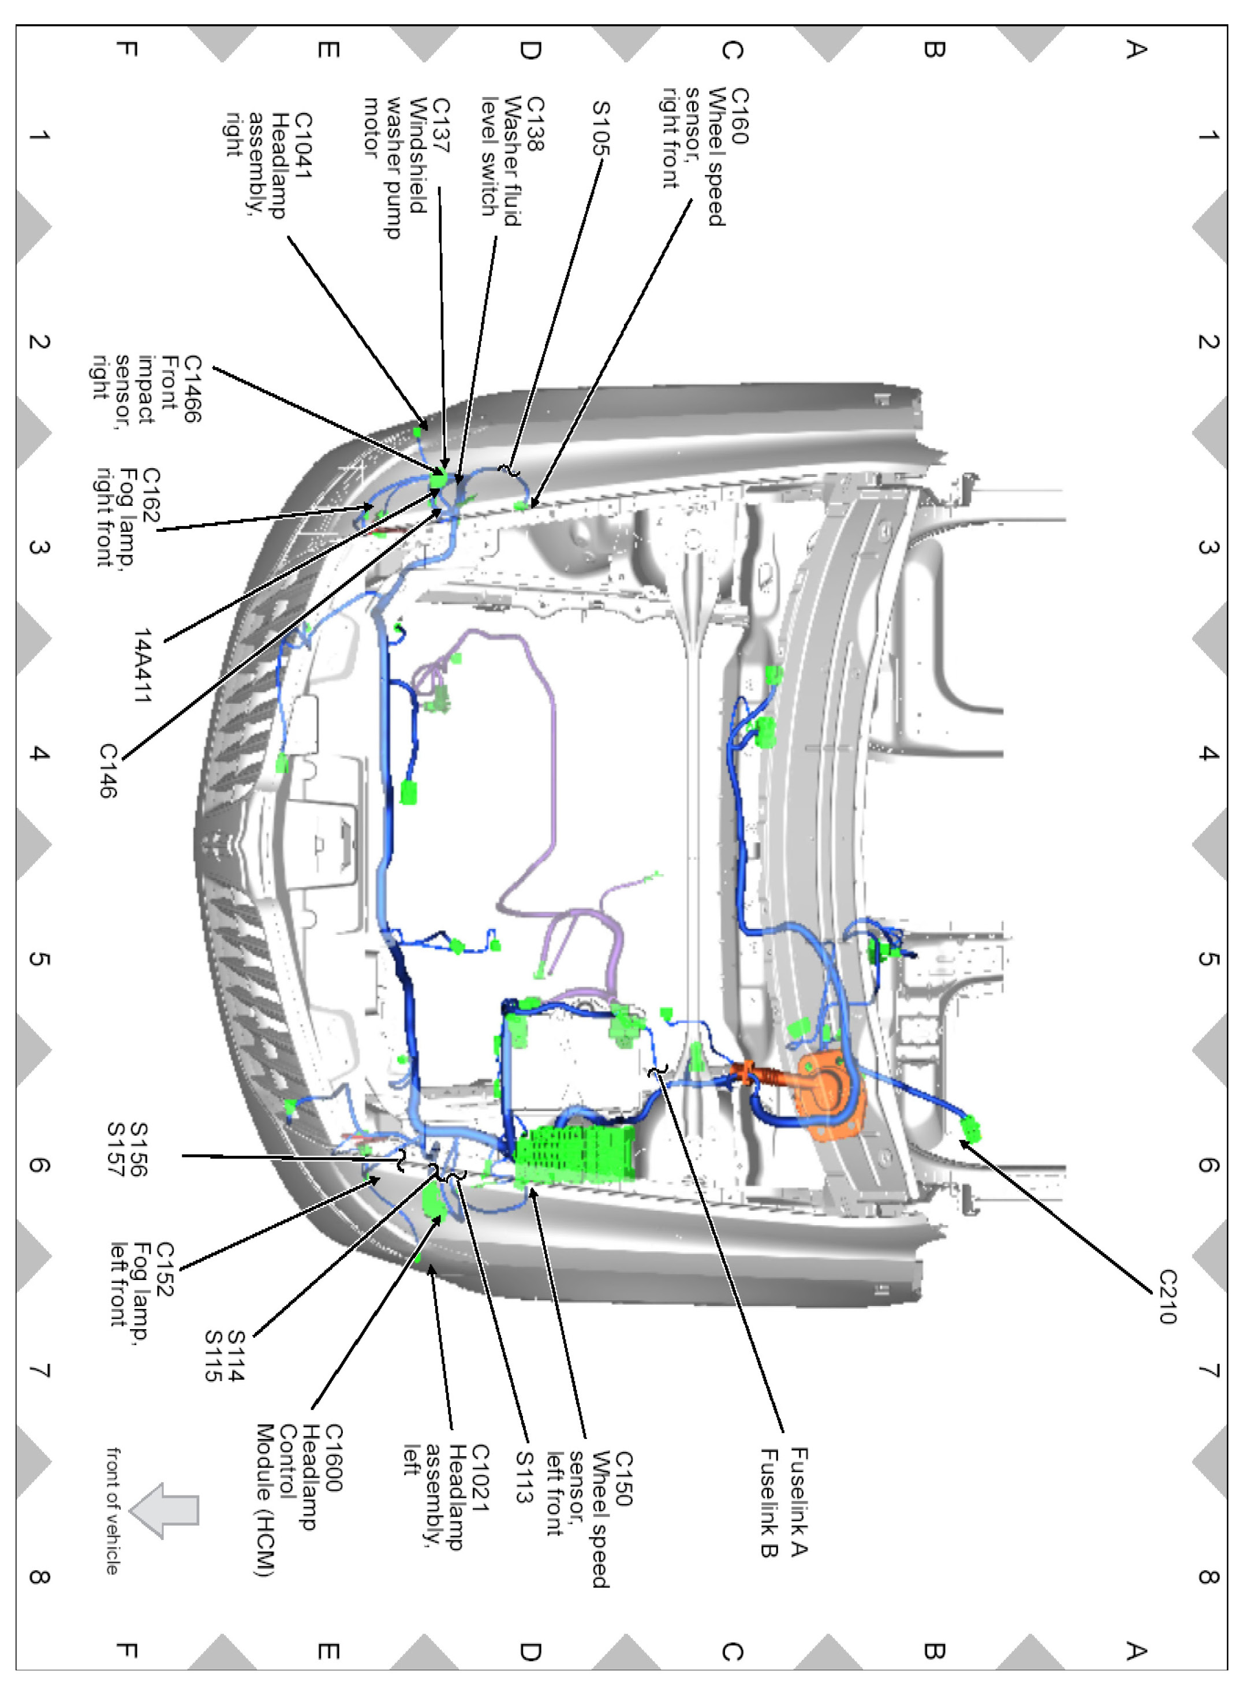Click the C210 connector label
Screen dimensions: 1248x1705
pos(1168,1296)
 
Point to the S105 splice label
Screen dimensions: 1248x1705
pos(600,128)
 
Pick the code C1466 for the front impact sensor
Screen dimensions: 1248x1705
pos(193,390)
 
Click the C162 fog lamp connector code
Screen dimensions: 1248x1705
pos(151,495)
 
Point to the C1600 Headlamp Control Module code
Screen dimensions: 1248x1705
pos(333,1458)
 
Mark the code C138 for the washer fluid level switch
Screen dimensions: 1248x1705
pos(534,124)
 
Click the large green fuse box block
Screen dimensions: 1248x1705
pos(574,1154)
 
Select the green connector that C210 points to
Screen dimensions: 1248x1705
pos(970,1129)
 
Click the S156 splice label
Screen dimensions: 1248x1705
pos(139,1149)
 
